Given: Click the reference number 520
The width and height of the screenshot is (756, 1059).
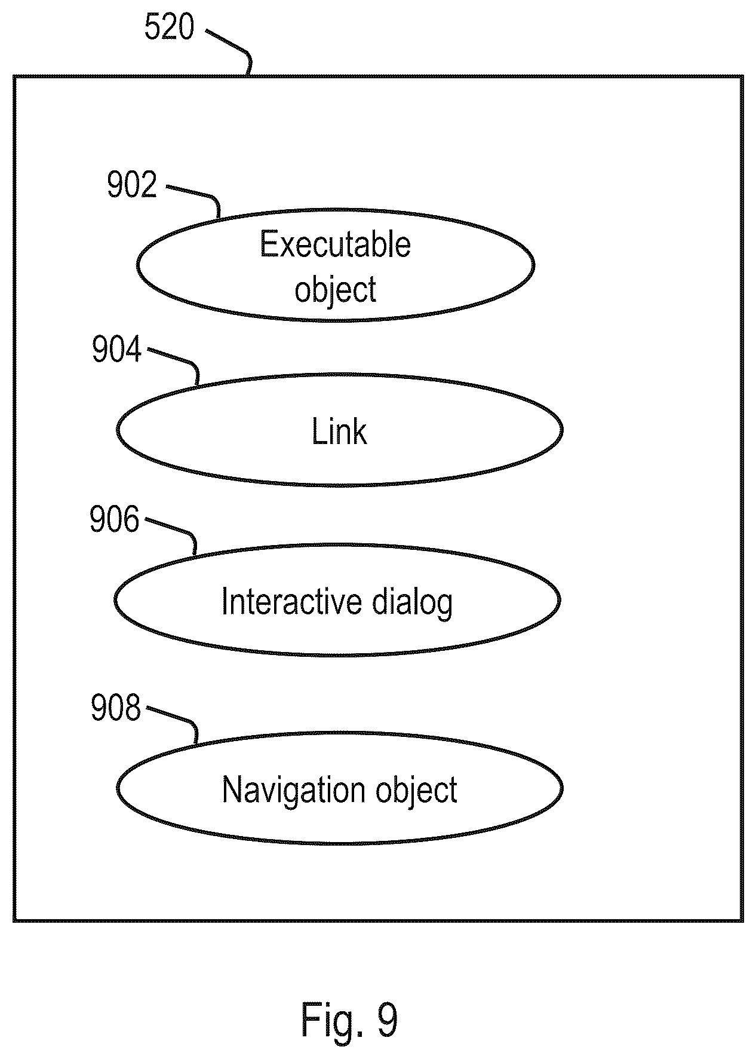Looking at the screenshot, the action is [170, 28].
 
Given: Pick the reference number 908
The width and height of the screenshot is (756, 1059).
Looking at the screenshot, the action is [116, 708].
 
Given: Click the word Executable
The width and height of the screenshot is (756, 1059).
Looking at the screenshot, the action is [336, 244].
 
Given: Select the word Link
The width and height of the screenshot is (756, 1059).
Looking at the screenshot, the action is [339, 431].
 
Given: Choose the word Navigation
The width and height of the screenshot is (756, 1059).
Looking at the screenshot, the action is [294, 791].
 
